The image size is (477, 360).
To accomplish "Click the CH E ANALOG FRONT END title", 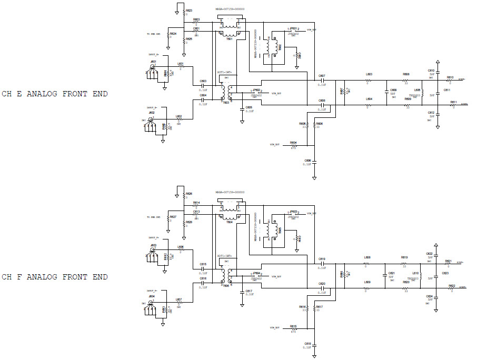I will [x=55, y=94].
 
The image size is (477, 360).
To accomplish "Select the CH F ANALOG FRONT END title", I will [x=55, y=277].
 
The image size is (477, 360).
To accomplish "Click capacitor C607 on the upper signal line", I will [x=322, y=81].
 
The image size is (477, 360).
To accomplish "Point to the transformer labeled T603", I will [x=226, y=92].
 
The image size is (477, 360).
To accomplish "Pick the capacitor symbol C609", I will [x=386, y=93].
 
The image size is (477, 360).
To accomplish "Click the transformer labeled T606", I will [x=226, y=275].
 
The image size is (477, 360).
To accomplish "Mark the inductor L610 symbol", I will [x=421, y=276].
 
